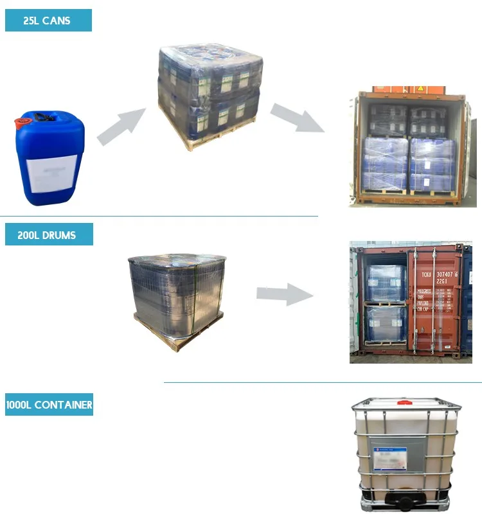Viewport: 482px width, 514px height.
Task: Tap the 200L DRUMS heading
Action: click(49, 235)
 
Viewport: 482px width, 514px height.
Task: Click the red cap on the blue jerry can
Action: click(26, 119)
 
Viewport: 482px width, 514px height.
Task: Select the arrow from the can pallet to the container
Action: click(297, 118)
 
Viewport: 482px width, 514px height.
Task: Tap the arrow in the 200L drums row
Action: click(283, 294)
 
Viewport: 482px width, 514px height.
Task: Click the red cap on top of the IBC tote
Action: click(404, 403)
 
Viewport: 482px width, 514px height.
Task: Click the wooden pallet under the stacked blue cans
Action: click(212, 135)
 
